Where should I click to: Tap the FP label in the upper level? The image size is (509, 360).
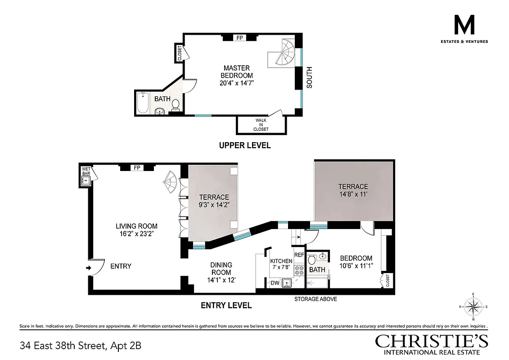coord(239,38)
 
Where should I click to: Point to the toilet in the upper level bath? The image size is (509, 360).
coord(176,105)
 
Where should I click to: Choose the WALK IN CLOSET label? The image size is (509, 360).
coord(261,125)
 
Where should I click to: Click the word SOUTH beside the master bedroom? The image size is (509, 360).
coord(309,77)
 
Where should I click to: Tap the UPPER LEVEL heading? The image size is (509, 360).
coord(244,145)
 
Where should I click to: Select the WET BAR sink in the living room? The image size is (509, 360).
coord(86,180)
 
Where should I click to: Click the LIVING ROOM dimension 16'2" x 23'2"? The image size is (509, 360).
coord(136,234)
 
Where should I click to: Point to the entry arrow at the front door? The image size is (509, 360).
coord(89,268)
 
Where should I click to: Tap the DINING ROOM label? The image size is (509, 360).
coord(221,269)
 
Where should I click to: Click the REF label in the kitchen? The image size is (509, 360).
coord(299,255)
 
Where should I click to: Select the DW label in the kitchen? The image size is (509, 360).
coord(275,283)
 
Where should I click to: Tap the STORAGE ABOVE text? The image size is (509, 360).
coord(315,299)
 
